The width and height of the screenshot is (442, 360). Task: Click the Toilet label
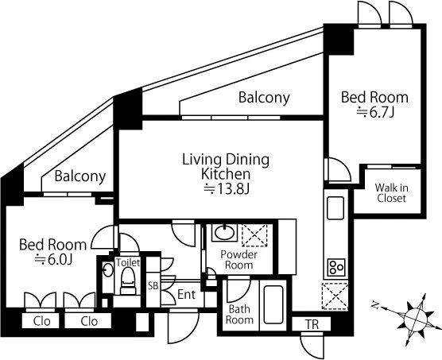click(x=128, y=262)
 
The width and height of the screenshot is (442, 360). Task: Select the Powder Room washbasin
click(x=224, y=233)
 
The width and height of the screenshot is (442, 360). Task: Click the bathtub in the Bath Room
click(x=273, y=304)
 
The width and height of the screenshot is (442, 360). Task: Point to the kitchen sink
click(x=335, y=208)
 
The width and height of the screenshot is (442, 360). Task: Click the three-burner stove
click(x=336, y=267)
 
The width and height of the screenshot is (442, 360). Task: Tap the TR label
click(x=312, y=324)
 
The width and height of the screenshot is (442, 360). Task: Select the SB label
click(x=153, y=286)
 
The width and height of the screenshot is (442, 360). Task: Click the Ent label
click(x=186, y=295)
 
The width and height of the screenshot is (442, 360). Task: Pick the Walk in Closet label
click(x=392, y=193)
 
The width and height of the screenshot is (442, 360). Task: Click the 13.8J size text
click(x=227, y=190)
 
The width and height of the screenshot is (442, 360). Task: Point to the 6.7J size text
click(x=375, y=112)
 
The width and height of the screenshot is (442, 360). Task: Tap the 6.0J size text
click(x=54, y=260)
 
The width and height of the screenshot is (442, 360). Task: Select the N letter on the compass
click(x=375, y=305)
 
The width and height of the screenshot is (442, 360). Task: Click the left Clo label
click(x=41, y=321)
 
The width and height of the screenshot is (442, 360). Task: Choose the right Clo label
click(x=89, y=321)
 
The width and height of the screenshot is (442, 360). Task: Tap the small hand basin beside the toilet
click(x=107, y=270)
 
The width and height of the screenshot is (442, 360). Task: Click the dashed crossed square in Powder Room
click(x=254, y=235)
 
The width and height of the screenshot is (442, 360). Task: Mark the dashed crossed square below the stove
click(x=335, y=296)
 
